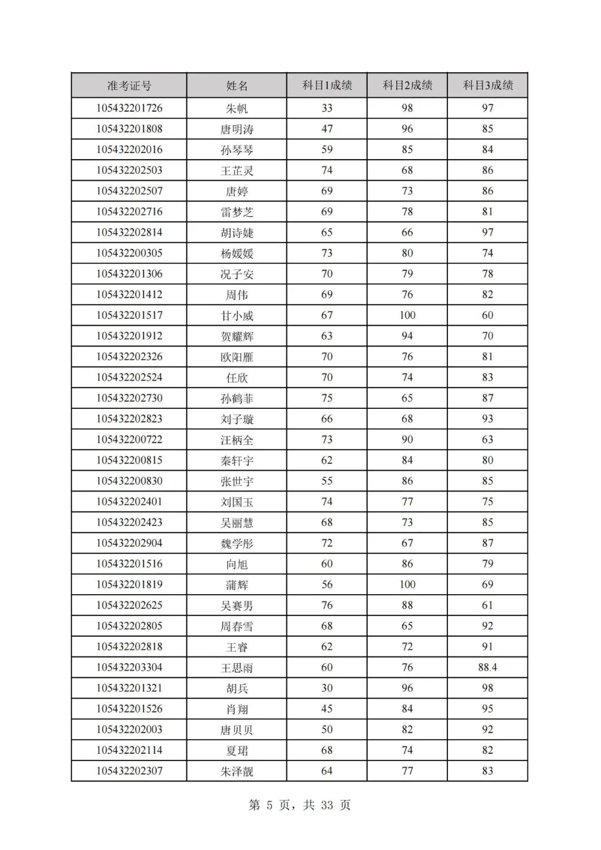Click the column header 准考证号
pyautogui.click(x=129, y=86)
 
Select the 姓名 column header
pyautogui.click(x=237, y=86)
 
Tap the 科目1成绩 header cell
pyautogui.click(x=327, y=85)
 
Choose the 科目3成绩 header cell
pyautogui.click(x=487, y=85)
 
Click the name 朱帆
pyautogui.click(x=237, y=108)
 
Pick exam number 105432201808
pyautogui.click(x=129, y=129)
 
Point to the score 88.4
pyautogui.click(x=487, y=667)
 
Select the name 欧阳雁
pyautogui.click(x=237, y=357)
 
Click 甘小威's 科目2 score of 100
pyautogui.click(x=407, y=315)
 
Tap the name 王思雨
pyautogui.click(x=237, y=668)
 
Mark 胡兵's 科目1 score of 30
pyautogui.click(x=327, y=688)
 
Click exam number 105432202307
pyautogui.click(x=129, y=771)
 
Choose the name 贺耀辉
pyautogui.click(x=237, y=337)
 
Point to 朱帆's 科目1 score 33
pyautogui.click(x=327, y=108)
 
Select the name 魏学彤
pyautogui.click(x=237, y=543)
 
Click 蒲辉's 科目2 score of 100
pyautogui.click(x=407, y=585)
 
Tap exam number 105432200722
pyautogui.click(x=129, y=439)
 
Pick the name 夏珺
pyautogui.click(x=237, y=750)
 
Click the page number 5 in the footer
pyautogui.click(x=270, y=805)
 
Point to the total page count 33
pyautogui.click(x=327, y=805)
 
